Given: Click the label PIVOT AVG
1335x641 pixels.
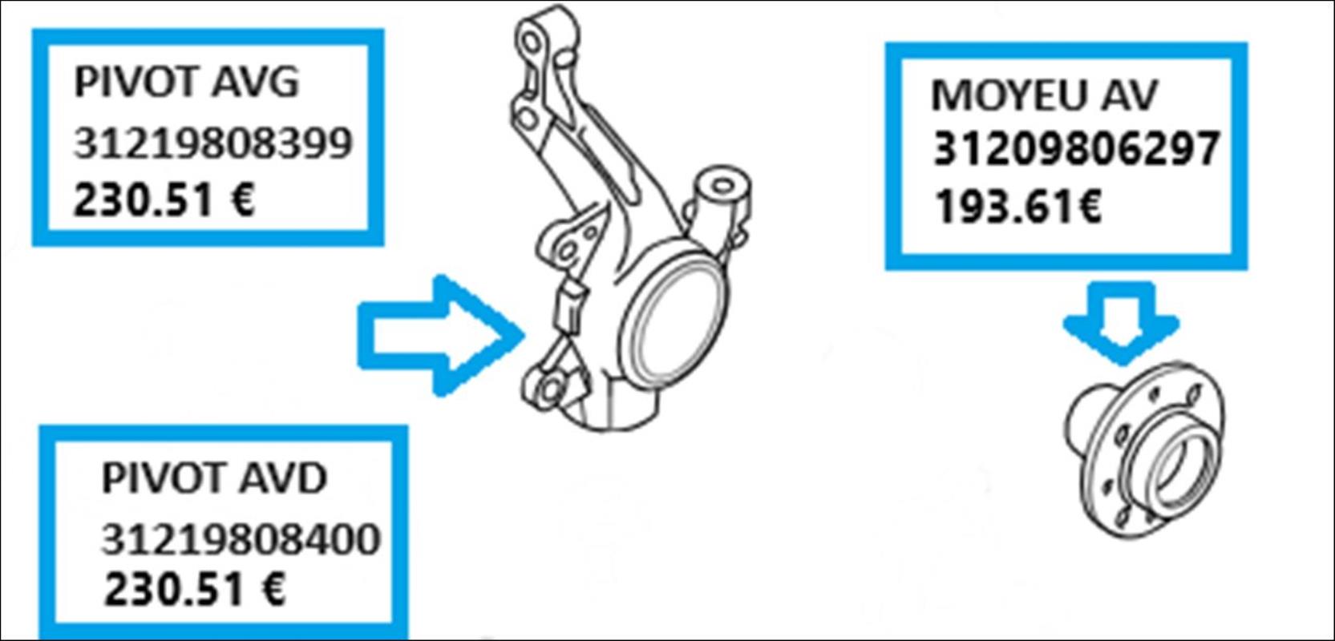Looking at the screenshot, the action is point(186,83).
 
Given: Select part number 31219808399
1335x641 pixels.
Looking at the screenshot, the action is point(212,143).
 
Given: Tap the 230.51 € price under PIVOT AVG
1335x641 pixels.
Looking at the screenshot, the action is point(164,200).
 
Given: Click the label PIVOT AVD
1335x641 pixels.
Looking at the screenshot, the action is point(214,478).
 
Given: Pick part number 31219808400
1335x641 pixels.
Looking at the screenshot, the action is point(241,539).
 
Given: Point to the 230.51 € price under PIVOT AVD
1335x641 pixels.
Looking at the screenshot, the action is point(194,589).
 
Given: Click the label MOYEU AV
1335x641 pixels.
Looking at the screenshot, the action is point(1044,95).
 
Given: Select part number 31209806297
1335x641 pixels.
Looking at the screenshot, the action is point(1076,148).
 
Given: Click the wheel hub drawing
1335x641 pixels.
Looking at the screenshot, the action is point(1144,450).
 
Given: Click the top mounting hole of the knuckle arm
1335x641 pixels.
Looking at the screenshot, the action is point(529,42).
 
